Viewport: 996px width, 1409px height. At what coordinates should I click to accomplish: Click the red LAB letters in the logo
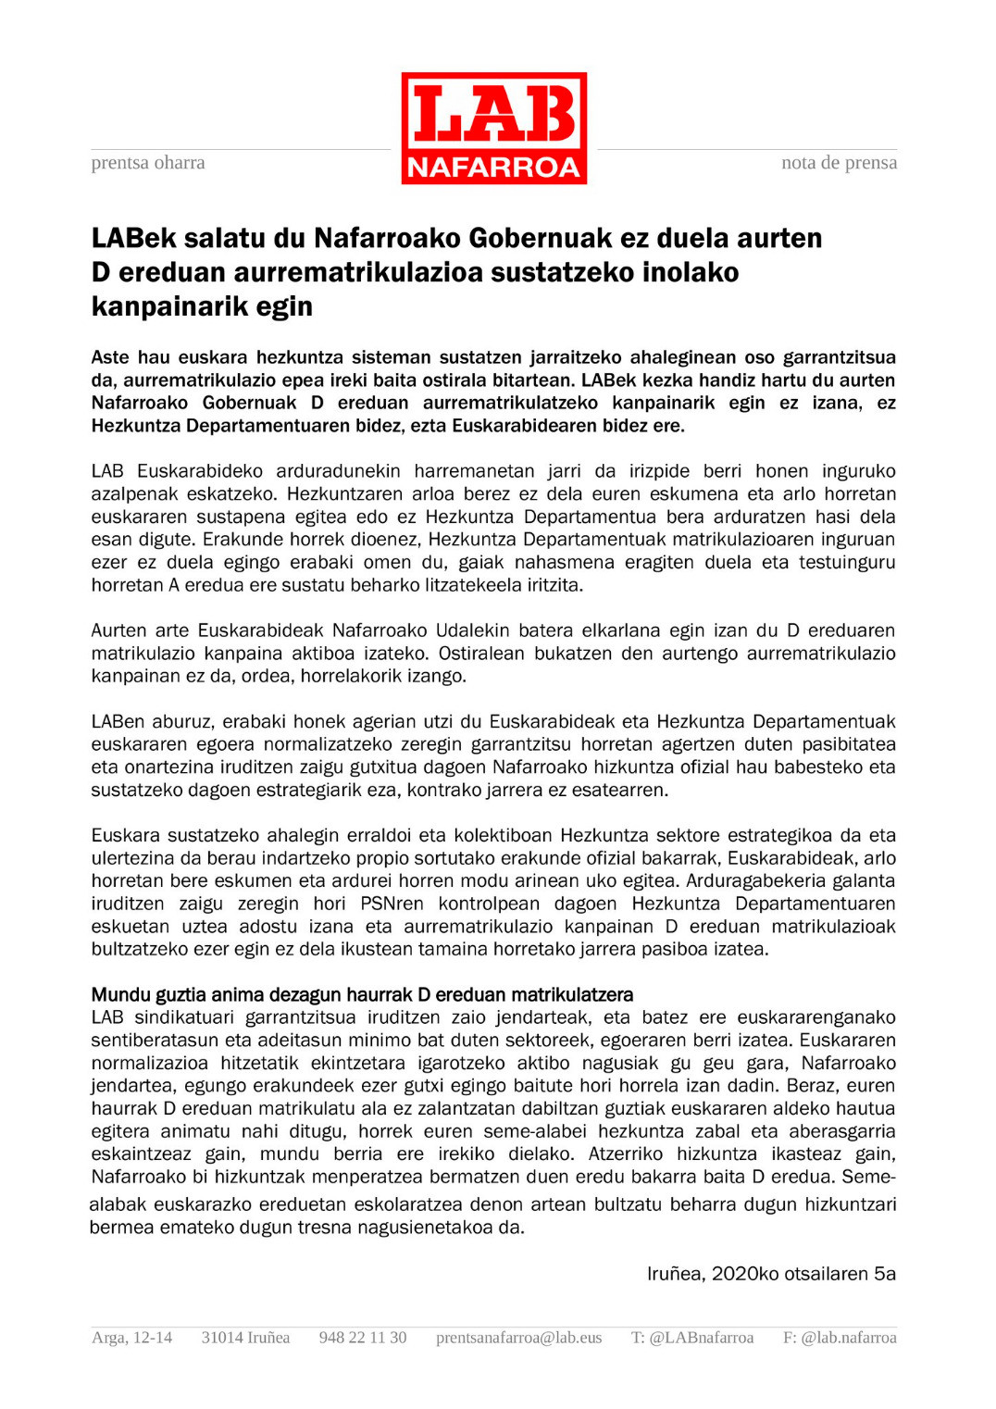493,114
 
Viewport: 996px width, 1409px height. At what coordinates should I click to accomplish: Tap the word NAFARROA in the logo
493,167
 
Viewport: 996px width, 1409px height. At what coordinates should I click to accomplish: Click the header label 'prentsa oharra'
148,163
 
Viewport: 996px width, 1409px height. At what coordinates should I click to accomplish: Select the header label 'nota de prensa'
839,163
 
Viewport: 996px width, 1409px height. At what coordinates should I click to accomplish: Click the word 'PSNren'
392,904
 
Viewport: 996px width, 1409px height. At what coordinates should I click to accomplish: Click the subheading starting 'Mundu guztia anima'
362,995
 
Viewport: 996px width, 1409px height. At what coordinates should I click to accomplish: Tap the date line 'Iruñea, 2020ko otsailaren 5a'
771,1275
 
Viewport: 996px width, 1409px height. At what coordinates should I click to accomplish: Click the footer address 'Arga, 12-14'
131,1338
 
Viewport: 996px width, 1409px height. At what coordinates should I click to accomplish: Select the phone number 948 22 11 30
363,1338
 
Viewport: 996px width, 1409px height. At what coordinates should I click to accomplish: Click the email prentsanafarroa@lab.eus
518,1338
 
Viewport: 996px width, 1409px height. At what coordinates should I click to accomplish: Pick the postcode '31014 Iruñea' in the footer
245,1338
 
